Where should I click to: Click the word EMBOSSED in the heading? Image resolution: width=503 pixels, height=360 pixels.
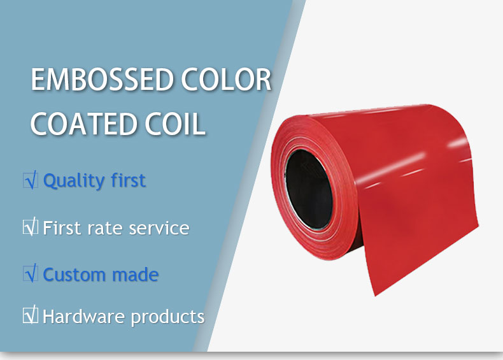103,79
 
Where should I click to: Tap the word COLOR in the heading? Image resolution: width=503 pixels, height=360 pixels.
227,79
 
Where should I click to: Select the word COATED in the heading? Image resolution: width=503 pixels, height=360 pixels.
83,124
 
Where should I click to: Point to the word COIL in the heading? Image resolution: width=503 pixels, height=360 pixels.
175,124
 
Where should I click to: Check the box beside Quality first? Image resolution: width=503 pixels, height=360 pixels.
31,180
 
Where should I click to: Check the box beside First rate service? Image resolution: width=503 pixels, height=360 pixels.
31,227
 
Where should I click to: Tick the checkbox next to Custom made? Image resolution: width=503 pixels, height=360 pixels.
31,274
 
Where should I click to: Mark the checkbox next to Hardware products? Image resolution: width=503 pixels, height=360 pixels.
31,315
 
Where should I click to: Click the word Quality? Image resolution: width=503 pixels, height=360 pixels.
73,181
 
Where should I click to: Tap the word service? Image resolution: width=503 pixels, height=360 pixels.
159,228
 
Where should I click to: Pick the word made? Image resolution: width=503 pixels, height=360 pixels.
136,275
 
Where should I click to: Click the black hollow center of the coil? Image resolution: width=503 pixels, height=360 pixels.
309,189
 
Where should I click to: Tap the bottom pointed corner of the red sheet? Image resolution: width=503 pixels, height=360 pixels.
375,296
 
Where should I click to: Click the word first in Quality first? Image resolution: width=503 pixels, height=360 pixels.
128,180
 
